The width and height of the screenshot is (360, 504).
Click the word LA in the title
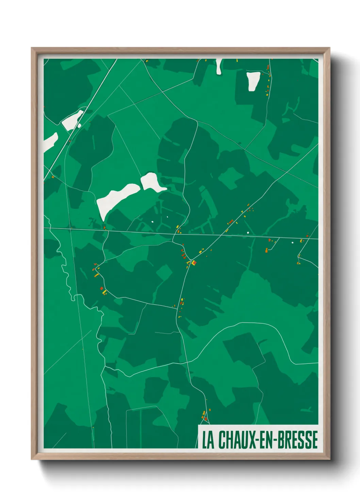[208, 440]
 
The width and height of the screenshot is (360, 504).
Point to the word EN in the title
[267, 440]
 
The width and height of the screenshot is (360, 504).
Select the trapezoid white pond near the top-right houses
[253, 81]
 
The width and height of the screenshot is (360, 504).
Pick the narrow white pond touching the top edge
[219, 66]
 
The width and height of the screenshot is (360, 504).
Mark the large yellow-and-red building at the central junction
[194, 263]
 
